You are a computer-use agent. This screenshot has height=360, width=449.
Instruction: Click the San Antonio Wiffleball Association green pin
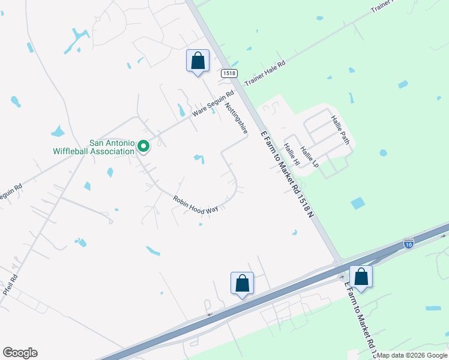(x=143, y=146)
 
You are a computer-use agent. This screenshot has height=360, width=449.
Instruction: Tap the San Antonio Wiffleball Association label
(x=112, y=147)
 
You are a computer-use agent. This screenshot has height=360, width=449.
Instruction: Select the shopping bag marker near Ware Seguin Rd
(x=198, y=61)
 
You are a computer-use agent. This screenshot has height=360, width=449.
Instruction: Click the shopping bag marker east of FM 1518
(x=361, y=277)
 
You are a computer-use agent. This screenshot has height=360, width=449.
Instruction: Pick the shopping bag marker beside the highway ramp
(x=242, y=283)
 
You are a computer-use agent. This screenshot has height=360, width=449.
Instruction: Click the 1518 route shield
(x=229, y=73)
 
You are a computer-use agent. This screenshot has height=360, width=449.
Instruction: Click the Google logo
(x=20, y=353)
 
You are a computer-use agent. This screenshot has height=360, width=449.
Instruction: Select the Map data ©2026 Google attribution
(x=412, y=355)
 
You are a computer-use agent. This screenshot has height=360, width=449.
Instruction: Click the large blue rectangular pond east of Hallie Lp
(x=357, y=203)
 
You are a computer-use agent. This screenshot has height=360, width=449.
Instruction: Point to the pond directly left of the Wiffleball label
(x=58, y=131)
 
